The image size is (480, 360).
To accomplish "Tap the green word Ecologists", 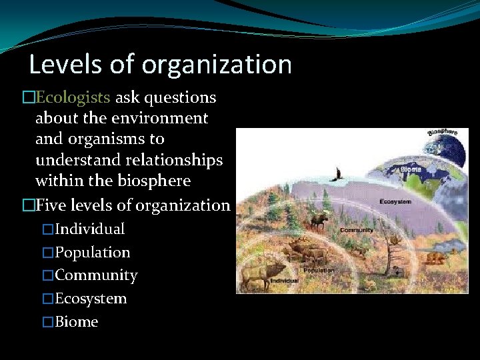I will [x=73, y=98].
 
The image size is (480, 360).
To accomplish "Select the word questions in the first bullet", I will [x=180, y=98].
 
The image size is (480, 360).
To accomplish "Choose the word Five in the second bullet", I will [x=51, y=205].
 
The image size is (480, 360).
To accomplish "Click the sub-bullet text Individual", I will [x=90, y=229].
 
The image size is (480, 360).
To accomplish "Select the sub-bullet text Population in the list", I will [x=93, y=253].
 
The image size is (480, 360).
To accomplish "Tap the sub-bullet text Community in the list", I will [x=96, y=275].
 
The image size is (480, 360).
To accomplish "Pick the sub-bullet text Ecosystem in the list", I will [x=91, y=299].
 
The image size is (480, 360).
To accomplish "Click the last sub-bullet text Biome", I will [x=77, y=322].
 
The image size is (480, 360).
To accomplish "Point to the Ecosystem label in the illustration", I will [x=395, y=201].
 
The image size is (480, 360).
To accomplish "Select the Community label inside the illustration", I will [x=357, y=230].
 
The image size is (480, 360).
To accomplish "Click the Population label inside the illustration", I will [x=319, y=270].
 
